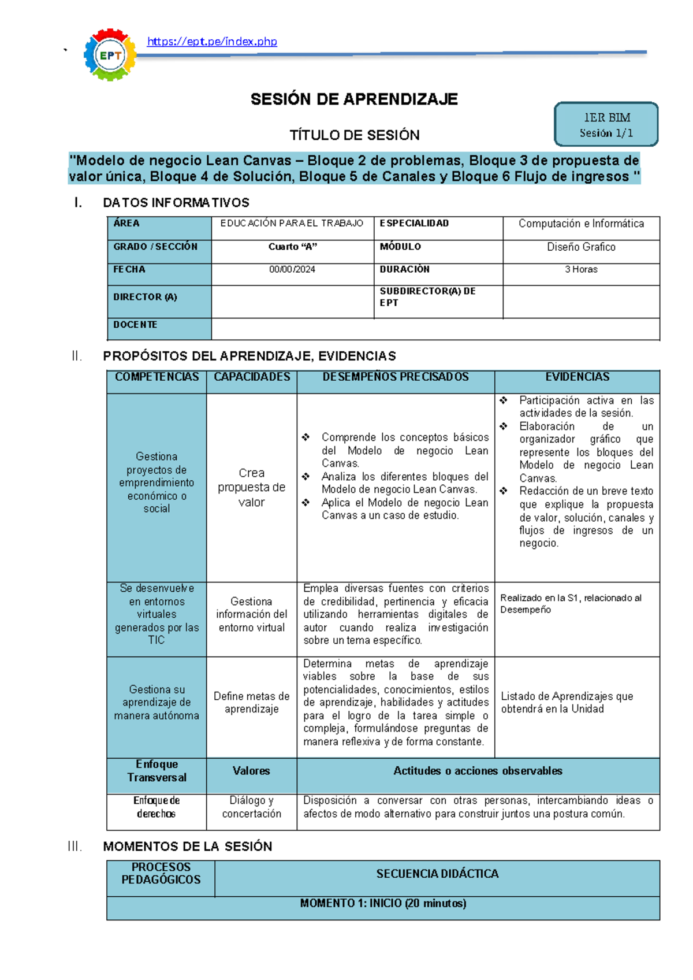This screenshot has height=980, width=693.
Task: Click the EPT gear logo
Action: pyautogui.click(x=110, y=55)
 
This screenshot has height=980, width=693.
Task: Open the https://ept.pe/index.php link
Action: pyautogui.click(x=212, y=42)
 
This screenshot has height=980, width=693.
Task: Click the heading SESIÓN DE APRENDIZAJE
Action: pyautogui.click(x=354, y=99)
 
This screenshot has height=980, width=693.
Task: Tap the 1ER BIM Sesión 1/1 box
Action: pyautogui.click(x=606, y=124)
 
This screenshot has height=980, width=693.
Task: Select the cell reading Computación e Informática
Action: pyautogui.click(x=581, y=224)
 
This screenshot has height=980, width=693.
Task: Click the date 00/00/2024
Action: pyautogui.click(x=292, y=269)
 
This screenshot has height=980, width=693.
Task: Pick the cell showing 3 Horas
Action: pyautogui.click(x=581, y=269)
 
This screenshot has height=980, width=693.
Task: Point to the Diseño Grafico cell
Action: pyautogui.click(x=581, y=247)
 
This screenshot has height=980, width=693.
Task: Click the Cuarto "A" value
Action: pyautogui.click(x=292, y=247)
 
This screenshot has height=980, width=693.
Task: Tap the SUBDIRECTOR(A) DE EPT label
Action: pyautogui.click(x=427, y=297)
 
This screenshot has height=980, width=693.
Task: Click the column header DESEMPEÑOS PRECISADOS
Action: pyautogui.click(x=396, y=377)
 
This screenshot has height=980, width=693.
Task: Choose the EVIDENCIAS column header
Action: pyautogui.click(x=577, y=377)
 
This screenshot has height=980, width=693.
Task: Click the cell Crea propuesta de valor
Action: pyautogui.click(x=251, y=487)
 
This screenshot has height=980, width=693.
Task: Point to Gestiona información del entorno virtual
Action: pyautogui.click(x=251, y=614)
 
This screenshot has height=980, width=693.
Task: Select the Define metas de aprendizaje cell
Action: pyautogui.click(x=251, y=703)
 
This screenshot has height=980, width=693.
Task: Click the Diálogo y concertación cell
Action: pyautogui.click(x=251, y=807)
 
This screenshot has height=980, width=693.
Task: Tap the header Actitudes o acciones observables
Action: pyautogui.click(x=478, y=771)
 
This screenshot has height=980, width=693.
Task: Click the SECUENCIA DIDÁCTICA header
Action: pyautogui.click(x=437, y=874)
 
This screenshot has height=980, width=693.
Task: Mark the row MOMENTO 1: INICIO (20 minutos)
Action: pyautogui.click(x=383, y=903)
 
